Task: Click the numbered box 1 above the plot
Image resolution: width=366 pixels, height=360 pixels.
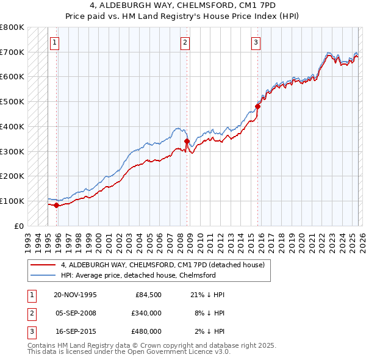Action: (55, 43)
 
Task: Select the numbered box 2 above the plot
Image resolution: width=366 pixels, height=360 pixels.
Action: (184, 43)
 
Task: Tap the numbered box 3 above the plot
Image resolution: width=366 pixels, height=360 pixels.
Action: (256, 43)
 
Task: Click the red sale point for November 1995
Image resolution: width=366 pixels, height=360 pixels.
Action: (56, 205)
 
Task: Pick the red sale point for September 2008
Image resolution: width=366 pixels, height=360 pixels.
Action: (187, 141)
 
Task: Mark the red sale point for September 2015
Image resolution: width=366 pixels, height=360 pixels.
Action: (257, 106)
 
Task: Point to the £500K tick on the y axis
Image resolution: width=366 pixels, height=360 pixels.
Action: (12, 101)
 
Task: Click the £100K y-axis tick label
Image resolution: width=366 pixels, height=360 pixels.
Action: (12, 201)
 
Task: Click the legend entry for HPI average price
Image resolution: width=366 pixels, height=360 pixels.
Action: (138, 275)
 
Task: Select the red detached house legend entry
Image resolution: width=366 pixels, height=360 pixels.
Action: (162, 265)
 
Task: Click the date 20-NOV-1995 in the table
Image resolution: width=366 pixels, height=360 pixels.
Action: (76, 295)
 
